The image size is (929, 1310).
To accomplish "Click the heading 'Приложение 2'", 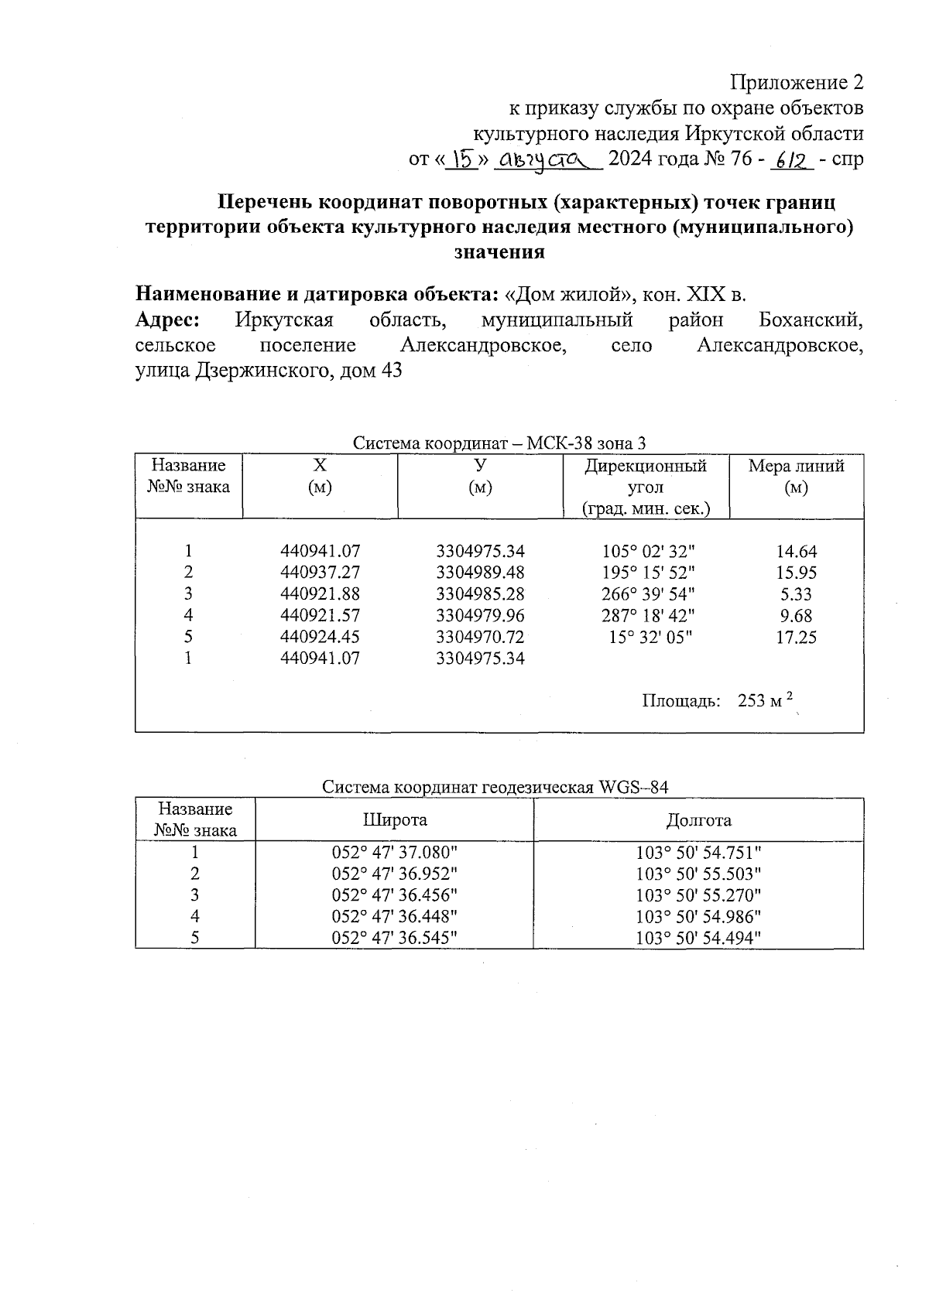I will point(797,82).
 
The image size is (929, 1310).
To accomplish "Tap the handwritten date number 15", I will point(464,159).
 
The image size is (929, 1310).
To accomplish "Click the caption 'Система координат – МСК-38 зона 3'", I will point(499,443).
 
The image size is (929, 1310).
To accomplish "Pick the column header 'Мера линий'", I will point(796,466).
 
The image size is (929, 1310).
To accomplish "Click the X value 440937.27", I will point(320,573).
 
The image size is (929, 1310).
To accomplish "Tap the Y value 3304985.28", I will point(480,594).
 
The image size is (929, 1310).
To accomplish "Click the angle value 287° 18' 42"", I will point(648,616).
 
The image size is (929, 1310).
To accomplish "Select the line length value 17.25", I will point(796,638).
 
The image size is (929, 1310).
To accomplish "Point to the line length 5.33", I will point(796,594).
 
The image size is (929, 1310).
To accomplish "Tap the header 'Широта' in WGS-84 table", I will point(395,820).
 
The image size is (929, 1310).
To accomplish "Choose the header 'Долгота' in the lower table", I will point(698,820).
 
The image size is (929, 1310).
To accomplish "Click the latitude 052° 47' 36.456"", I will point(395,895).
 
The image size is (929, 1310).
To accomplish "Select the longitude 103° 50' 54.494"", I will point(698,938).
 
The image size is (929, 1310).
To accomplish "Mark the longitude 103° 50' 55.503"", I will point(698,874).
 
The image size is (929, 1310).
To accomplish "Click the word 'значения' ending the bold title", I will point(499,252).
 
